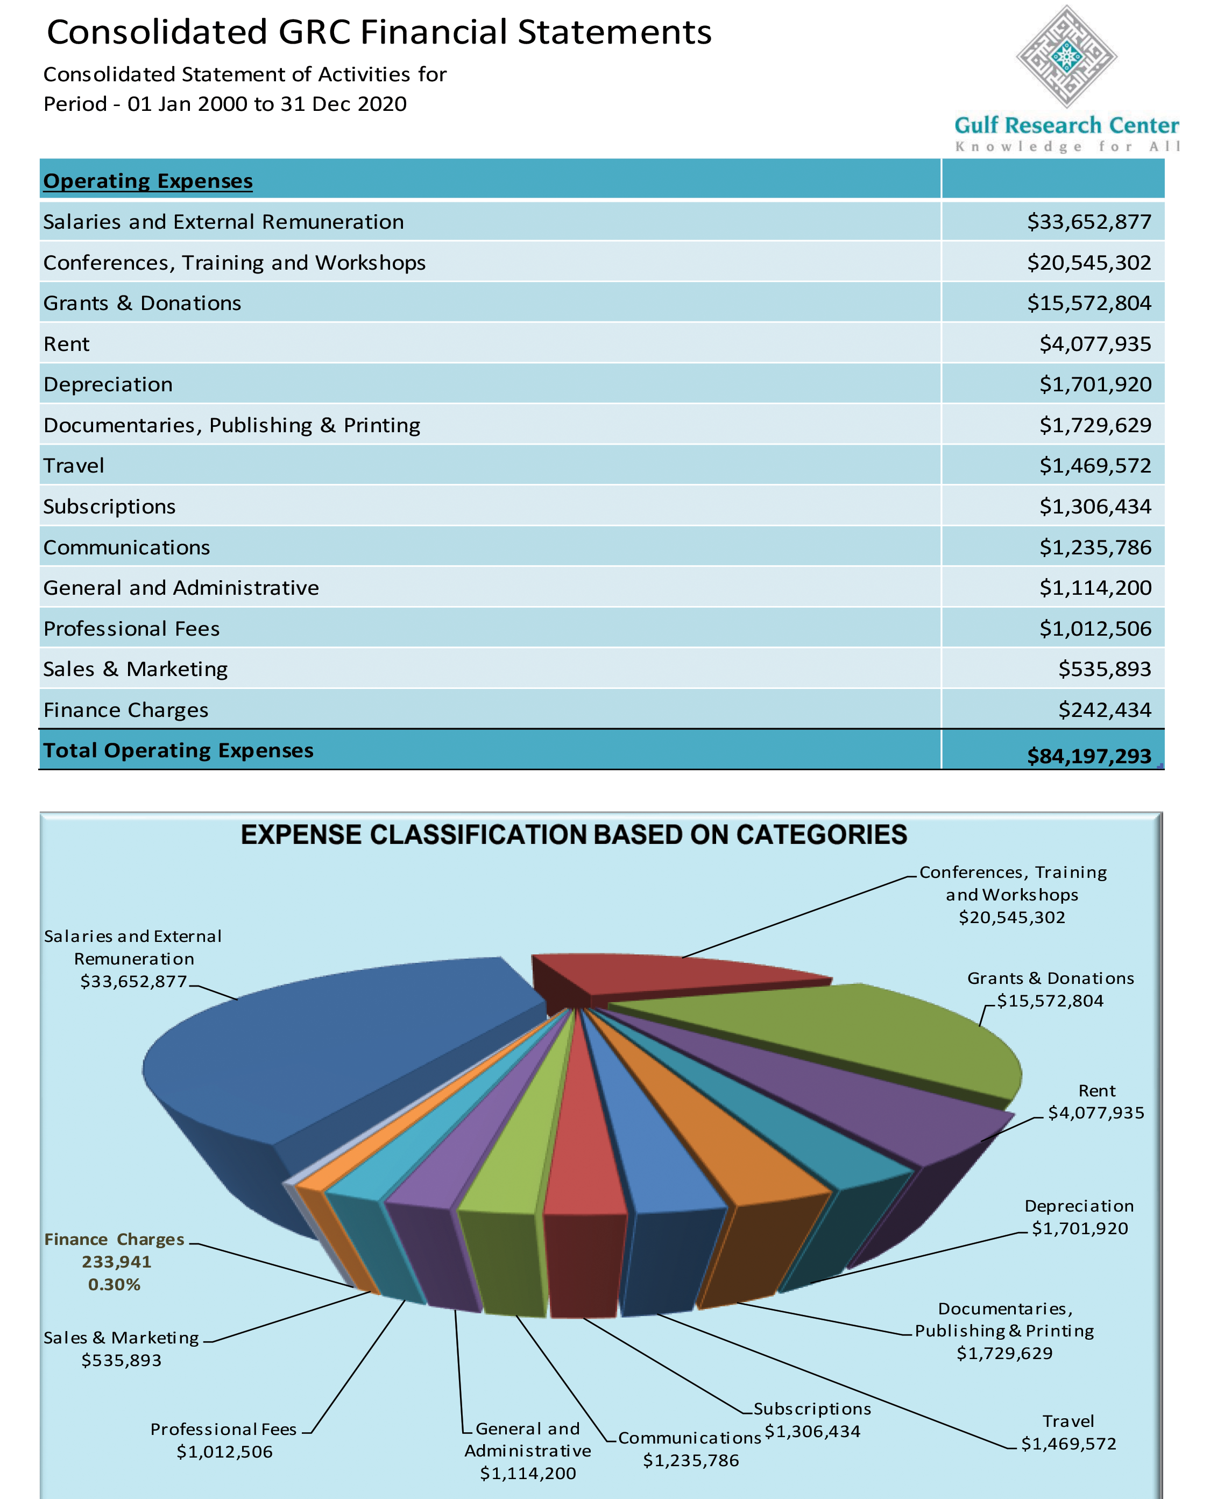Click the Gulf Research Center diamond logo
(x=1066, y=56)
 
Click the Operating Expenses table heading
(x=148, y=180)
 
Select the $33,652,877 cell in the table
(x=1089, y=222)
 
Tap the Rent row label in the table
(x=67, y=344)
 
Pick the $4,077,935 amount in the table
(x=1095, y=344)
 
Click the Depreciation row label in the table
(x=108, y=384)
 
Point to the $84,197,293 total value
(x=1089, y=756)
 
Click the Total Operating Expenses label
(x=179, y=750)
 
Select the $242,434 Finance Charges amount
(x=1104, y=710)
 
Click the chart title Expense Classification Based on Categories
(x=574, y=835)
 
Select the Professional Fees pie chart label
(x=224, y=1440)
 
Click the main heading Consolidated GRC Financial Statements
(x=379, y=32)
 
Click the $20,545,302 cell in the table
(x=1089, y=263)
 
